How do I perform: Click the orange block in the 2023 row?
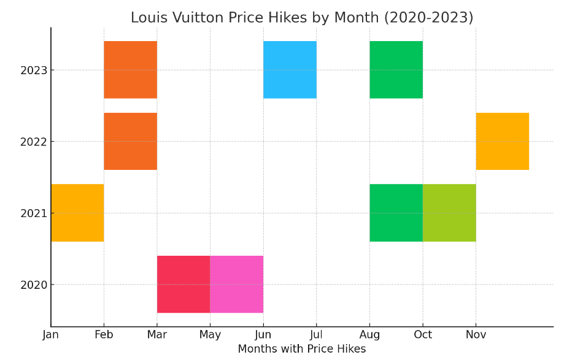coord(130,69)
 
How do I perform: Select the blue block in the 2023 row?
coord(290,69)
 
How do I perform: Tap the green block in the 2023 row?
coord(396,69)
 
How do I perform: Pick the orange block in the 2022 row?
coord(130,141)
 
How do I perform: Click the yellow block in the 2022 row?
coord(502,141)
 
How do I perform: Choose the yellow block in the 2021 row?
coord(77,213)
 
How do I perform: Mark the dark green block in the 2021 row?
coord(396,213)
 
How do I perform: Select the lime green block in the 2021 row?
coord(449,213)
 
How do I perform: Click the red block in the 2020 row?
coord(183,284)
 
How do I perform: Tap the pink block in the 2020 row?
coord(236,284)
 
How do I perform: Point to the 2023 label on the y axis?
coord(34,70)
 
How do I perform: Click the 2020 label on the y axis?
coord(34,285)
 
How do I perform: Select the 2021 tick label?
coord(34,213)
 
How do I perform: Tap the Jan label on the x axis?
coord(51,335)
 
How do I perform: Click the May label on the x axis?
coord(210,335)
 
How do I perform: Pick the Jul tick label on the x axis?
coord(316,335)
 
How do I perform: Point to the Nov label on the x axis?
coord(476,335)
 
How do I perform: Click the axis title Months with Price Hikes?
coord(301,349)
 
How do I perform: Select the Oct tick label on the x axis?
coord(423,335)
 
